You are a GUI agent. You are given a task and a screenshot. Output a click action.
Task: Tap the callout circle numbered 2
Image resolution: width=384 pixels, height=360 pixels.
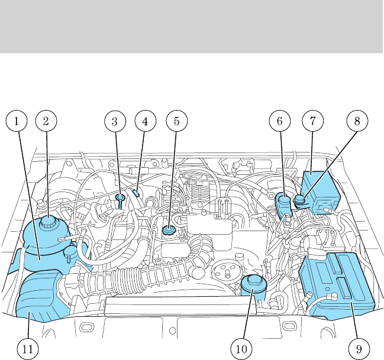(46, 122)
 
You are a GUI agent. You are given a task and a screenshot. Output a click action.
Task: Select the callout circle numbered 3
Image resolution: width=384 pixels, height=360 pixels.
(115, 122)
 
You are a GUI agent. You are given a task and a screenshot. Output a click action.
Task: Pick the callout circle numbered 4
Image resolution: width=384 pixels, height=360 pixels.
(143, 122)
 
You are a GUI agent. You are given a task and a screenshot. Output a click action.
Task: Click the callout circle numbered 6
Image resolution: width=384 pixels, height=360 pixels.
(280, 122)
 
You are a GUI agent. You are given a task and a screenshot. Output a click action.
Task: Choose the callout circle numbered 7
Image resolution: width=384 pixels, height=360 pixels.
(312, 122)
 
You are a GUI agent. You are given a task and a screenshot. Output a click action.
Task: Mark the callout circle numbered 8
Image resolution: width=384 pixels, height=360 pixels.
(357, 122)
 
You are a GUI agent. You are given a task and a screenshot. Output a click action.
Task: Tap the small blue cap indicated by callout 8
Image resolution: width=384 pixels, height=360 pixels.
(299, 200)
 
